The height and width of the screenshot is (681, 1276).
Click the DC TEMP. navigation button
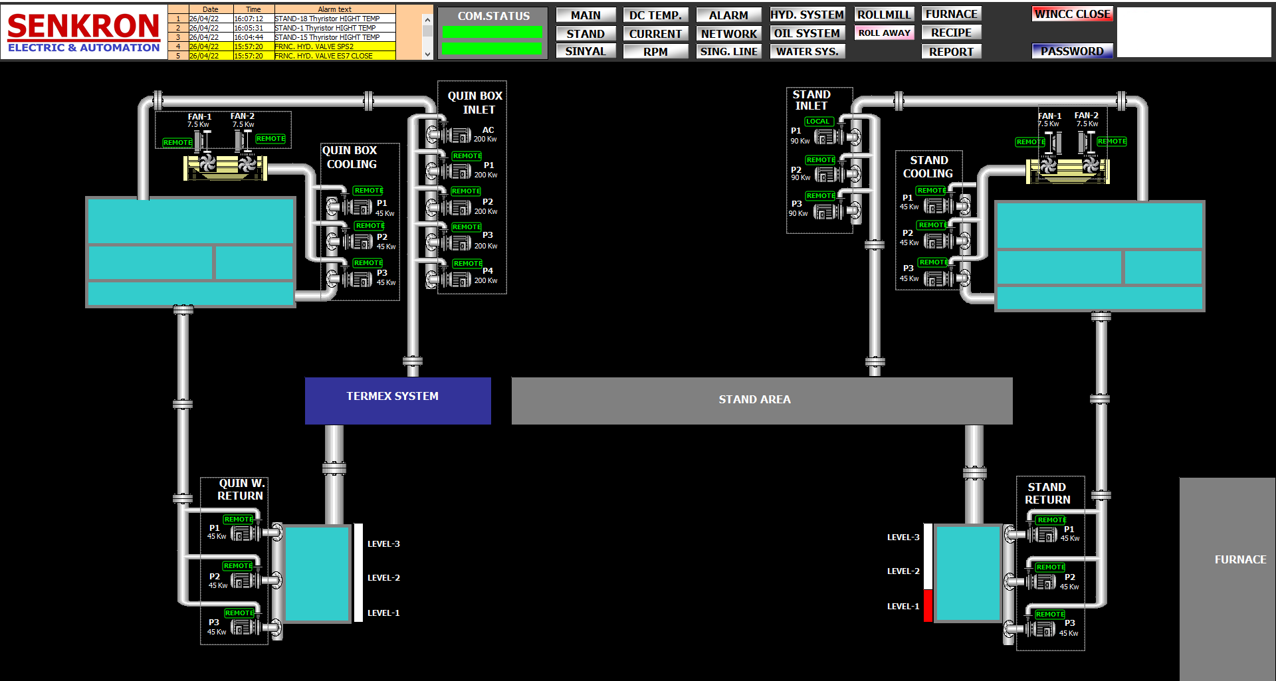[x=655, y=15]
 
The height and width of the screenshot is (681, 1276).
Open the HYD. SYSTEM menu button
[x=807, y=15]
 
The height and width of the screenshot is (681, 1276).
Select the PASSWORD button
[x=1072, y=51]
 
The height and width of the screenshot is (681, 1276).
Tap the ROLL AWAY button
[x=884, y=33]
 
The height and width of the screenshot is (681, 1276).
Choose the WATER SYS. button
[x=807, y=51]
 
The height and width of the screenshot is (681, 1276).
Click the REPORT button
[x=951, y=51]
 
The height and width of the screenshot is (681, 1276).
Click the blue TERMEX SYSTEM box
[x=398, y=401]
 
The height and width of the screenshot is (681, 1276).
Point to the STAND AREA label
[x=754, y=399]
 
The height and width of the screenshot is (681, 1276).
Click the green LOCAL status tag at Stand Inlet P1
[x=818, y=122]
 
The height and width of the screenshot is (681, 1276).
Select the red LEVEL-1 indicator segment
[x=928, y=605]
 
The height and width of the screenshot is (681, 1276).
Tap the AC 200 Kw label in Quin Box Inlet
[x=486, y=134]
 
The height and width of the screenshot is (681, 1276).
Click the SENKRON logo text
[x=84, y=26]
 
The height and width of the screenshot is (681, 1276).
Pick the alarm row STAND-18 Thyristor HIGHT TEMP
[x=327, y=19]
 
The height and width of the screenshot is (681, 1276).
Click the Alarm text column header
[x=334, y=9]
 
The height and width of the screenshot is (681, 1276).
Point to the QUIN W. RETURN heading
[x=241, y=490]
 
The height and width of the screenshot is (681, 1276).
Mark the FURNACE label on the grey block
[x=1240, y=559]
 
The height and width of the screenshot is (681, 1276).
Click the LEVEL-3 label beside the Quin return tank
[x=383, y=543]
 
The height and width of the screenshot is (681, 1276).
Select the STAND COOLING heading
[x=928, y=167]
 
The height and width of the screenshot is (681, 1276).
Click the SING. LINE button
[x=729, y=51]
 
